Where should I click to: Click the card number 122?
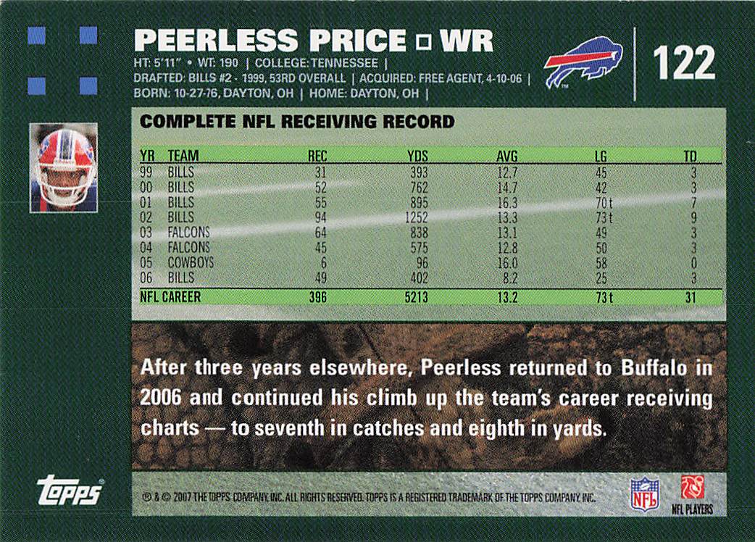coord(683,63)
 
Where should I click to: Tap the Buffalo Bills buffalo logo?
coord(583,62)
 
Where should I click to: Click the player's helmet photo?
coord(63,167)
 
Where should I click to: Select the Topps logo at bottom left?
coord(69,492)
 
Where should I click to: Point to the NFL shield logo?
coord(644,493)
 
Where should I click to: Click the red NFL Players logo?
coord(692,488)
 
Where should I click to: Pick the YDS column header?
coord(417,155)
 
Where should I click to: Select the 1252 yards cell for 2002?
coord(416,217)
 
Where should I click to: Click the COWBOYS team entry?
coord(191,262)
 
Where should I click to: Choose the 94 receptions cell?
coord(319,217)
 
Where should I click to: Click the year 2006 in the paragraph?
coord(157,398)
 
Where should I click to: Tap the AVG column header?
coord(507,155)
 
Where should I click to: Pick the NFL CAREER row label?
coord(170,297)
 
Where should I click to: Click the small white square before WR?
coord(424,43)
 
